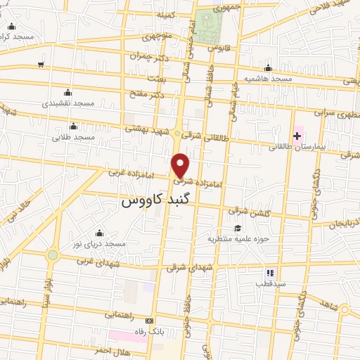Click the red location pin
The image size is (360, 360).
click(181, 165)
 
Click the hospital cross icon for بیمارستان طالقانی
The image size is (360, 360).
click(297, 134)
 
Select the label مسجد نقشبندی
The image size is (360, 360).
click(67, 103)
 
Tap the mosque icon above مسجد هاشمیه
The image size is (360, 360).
click(267, 68)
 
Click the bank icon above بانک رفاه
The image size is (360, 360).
click(159, 320)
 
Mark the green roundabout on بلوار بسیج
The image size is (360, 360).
click(53, 255)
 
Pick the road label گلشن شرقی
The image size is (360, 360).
click(245, 211)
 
